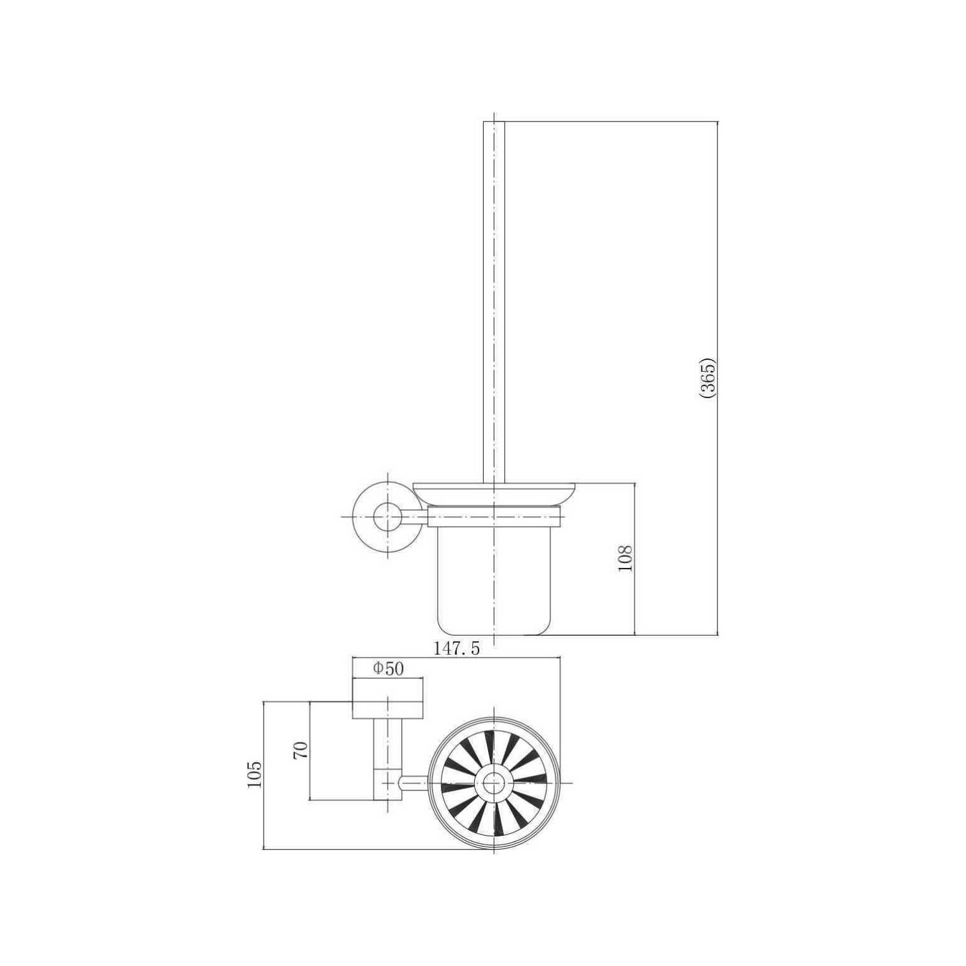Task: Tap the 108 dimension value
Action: click(626, 558)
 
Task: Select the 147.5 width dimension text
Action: click(457, 648)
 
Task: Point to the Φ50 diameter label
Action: click(388, 669)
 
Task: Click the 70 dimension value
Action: click(301, 750)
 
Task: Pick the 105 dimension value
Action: click(254, 774)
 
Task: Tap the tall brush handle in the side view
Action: click(494, 302)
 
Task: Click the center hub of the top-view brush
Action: click(494, 783)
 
